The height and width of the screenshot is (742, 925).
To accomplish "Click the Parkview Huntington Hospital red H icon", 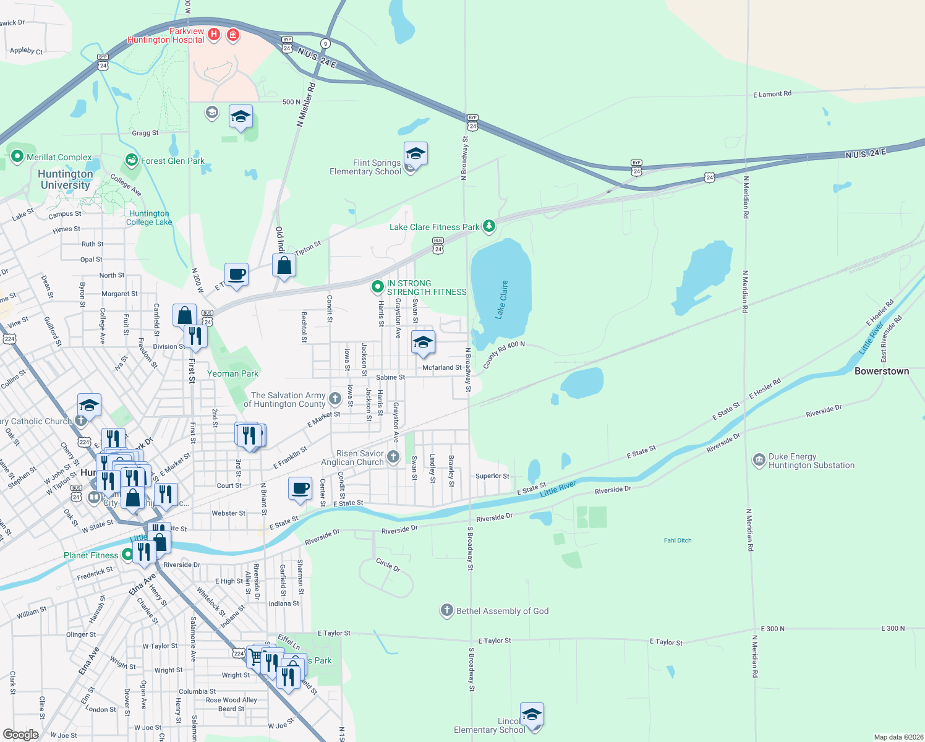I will (214, 34).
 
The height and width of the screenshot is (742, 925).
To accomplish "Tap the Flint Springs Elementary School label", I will (365, 167).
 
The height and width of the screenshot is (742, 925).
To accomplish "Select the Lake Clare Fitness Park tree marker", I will (489, 226).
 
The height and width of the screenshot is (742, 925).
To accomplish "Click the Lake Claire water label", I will (502, 299).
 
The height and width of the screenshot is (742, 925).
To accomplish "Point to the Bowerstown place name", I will (882, 371).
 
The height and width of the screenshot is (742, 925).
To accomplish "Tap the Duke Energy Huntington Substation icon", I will (759, 461).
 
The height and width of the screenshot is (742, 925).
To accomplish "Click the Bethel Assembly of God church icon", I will (446, 611).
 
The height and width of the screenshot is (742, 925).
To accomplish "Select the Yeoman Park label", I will (232, 373).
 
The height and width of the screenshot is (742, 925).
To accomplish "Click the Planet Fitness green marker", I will (128, 555).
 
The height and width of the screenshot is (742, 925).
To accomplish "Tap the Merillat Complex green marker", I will (17, 157).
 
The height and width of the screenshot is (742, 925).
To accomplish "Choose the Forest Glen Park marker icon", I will (131, 161).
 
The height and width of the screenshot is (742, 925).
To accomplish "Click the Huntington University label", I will (66, 179).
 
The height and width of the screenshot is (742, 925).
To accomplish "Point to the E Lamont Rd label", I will (772, 94).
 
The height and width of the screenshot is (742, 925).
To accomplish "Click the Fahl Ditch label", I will (678, 540).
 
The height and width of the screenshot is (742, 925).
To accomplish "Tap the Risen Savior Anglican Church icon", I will (393, 458).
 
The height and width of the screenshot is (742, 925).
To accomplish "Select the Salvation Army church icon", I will (335, 399).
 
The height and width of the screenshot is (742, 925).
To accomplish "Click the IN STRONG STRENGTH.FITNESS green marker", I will (377, 287).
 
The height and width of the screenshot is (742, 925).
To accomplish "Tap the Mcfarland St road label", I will (441, 367).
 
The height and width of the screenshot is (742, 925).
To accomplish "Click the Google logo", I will (21, 735).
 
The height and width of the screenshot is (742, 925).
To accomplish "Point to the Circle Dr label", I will (388, 565).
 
